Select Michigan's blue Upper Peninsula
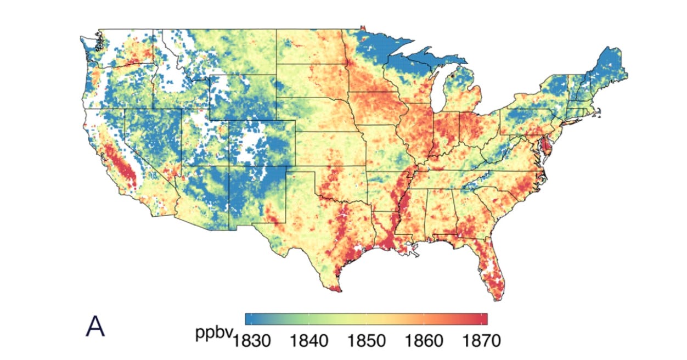423,58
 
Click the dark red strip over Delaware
549,145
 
